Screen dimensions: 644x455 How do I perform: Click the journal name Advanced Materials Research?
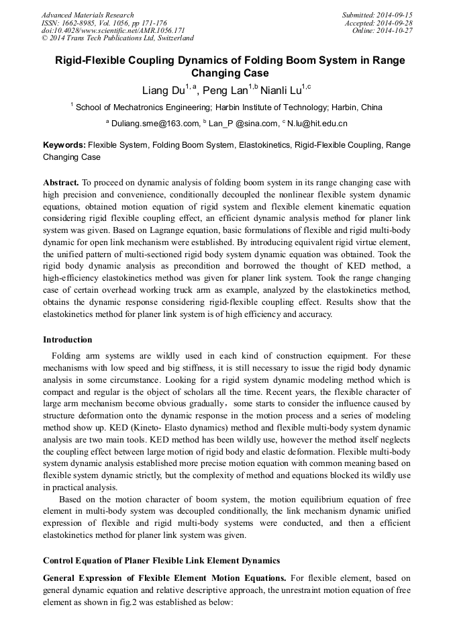[87, 15]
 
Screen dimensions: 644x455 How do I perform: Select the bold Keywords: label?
[64, 145]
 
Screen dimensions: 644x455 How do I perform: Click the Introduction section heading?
[68, 340]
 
